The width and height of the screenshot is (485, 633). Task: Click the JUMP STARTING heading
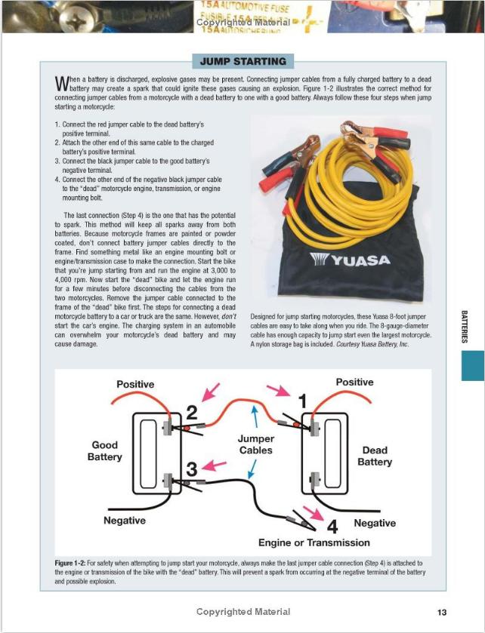click(243, 61)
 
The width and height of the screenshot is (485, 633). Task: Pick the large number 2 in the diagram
click(191, 413)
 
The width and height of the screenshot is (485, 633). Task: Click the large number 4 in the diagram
click(332, 524)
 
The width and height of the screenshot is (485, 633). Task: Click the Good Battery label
click(105, 450)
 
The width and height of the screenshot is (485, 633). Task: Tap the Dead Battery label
click(375, 456)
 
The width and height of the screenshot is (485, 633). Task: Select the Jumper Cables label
click(255, 444)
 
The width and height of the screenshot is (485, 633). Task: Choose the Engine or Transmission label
click(314, 542)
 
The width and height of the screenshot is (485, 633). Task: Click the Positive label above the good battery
click(135, 384)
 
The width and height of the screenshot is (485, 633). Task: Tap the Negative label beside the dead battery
click(375, 523)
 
